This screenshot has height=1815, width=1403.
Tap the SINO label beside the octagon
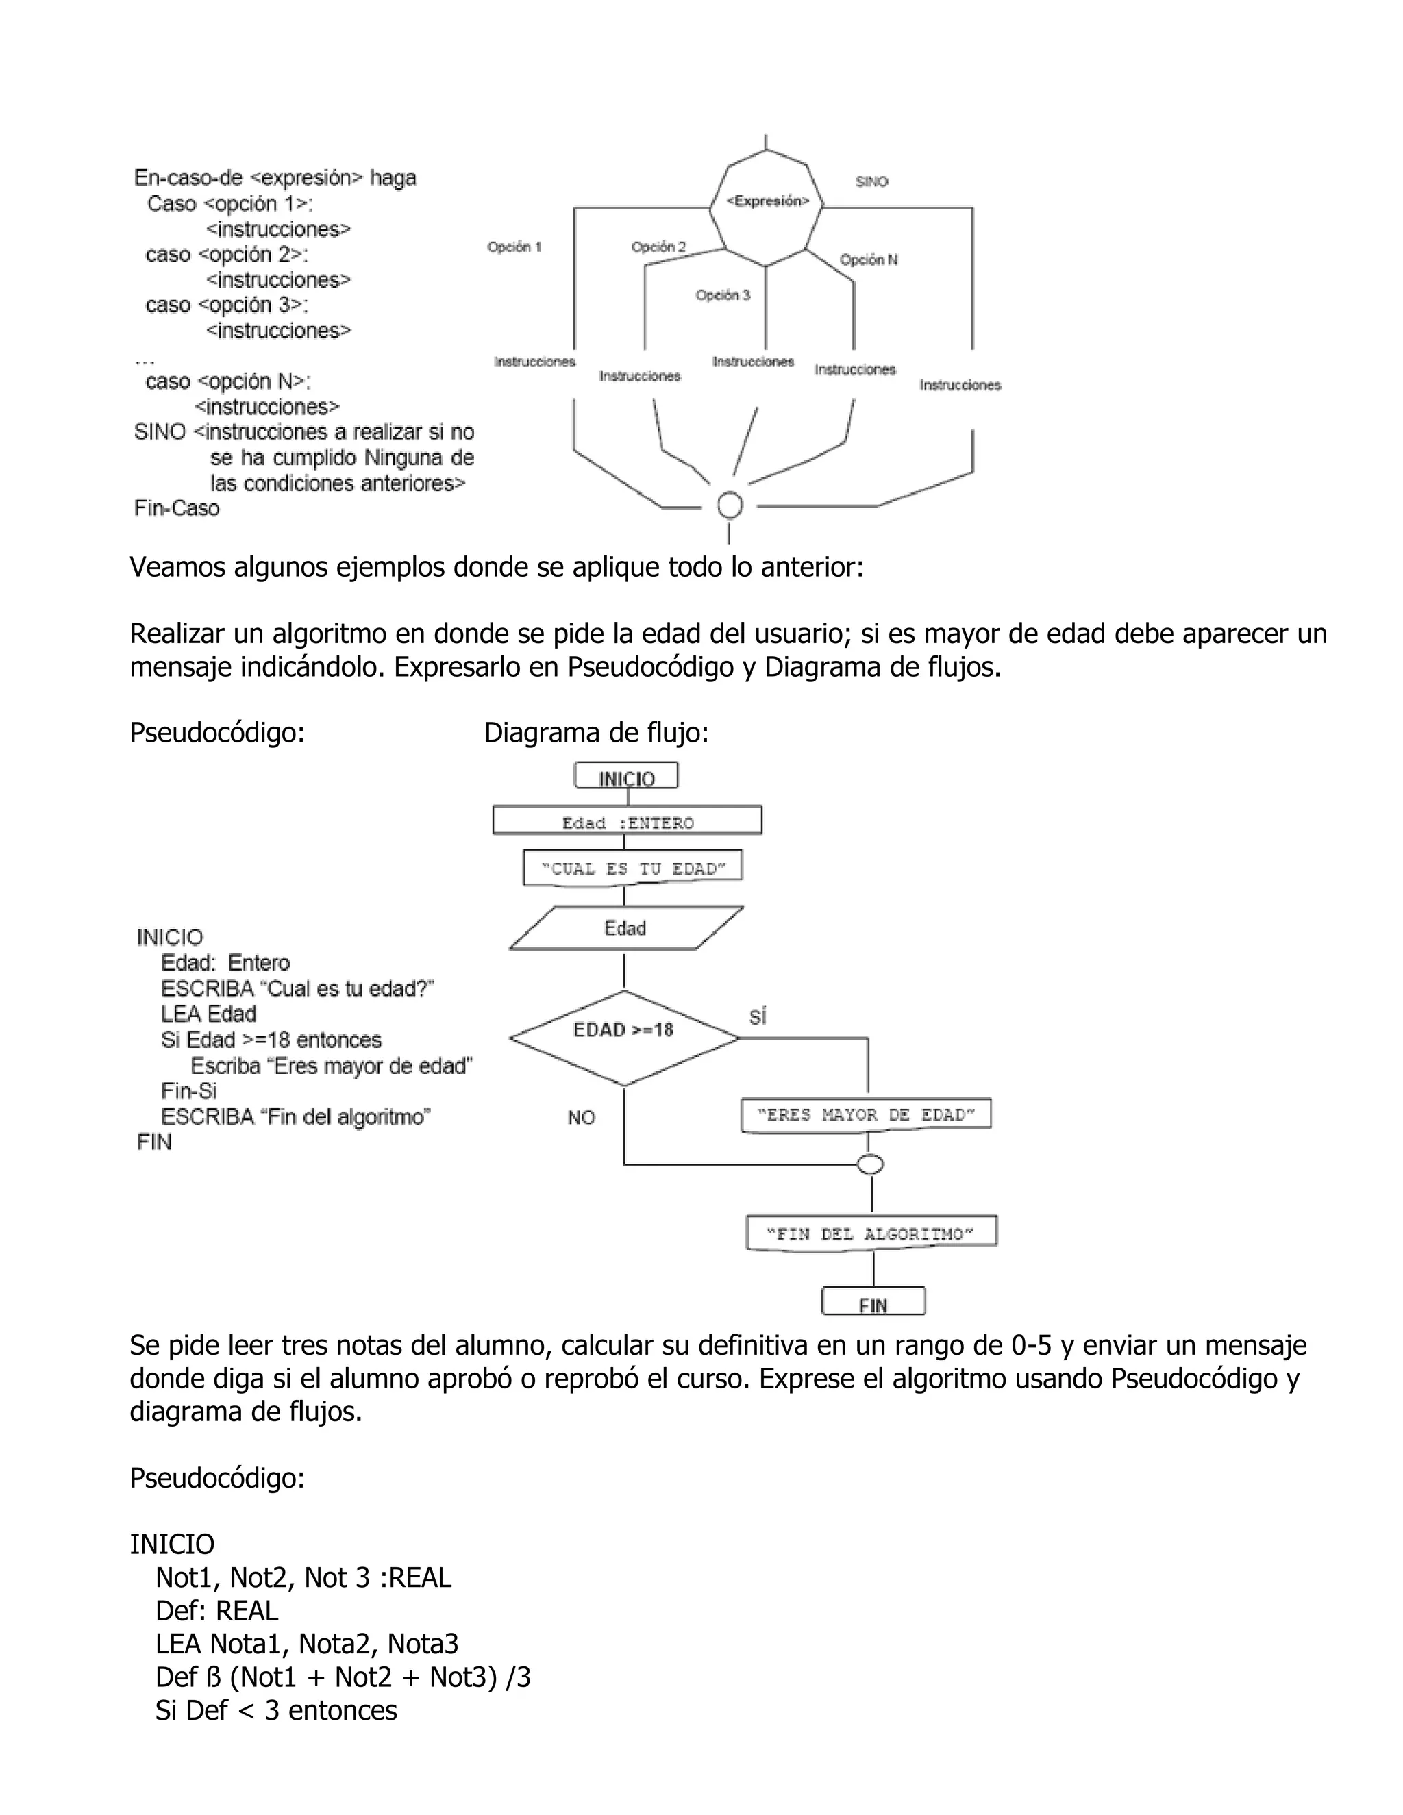click(871, 181)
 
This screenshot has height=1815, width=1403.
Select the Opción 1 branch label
click(514, 247)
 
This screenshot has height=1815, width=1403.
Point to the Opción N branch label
click(868, 260)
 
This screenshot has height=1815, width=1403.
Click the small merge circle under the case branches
click(730, 505)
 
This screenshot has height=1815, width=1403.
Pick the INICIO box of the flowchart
click(627, 777)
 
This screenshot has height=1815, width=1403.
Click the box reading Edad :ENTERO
click(628, 822)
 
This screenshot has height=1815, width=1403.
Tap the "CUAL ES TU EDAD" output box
click(632, 868)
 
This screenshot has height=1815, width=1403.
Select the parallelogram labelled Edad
click(625, 928)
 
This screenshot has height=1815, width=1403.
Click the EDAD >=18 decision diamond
click(623, 1038)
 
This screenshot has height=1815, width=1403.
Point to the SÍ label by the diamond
click(757, 1017)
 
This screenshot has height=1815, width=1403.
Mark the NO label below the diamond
click(581, 1118)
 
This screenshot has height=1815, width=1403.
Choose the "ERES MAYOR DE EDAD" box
click(865, 1115)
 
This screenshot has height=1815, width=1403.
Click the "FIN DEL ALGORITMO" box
click(871, 1234)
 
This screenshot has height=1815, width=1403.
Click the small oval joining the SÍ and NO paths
click(870, 1165)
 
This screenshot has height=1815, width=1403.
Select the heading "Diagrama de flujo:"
click(596, 733)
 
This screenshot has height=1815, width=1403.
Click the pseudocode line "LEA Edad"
click(208, 1014)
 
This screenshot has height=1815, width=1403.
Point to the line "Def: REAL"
click(216, 1611)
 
